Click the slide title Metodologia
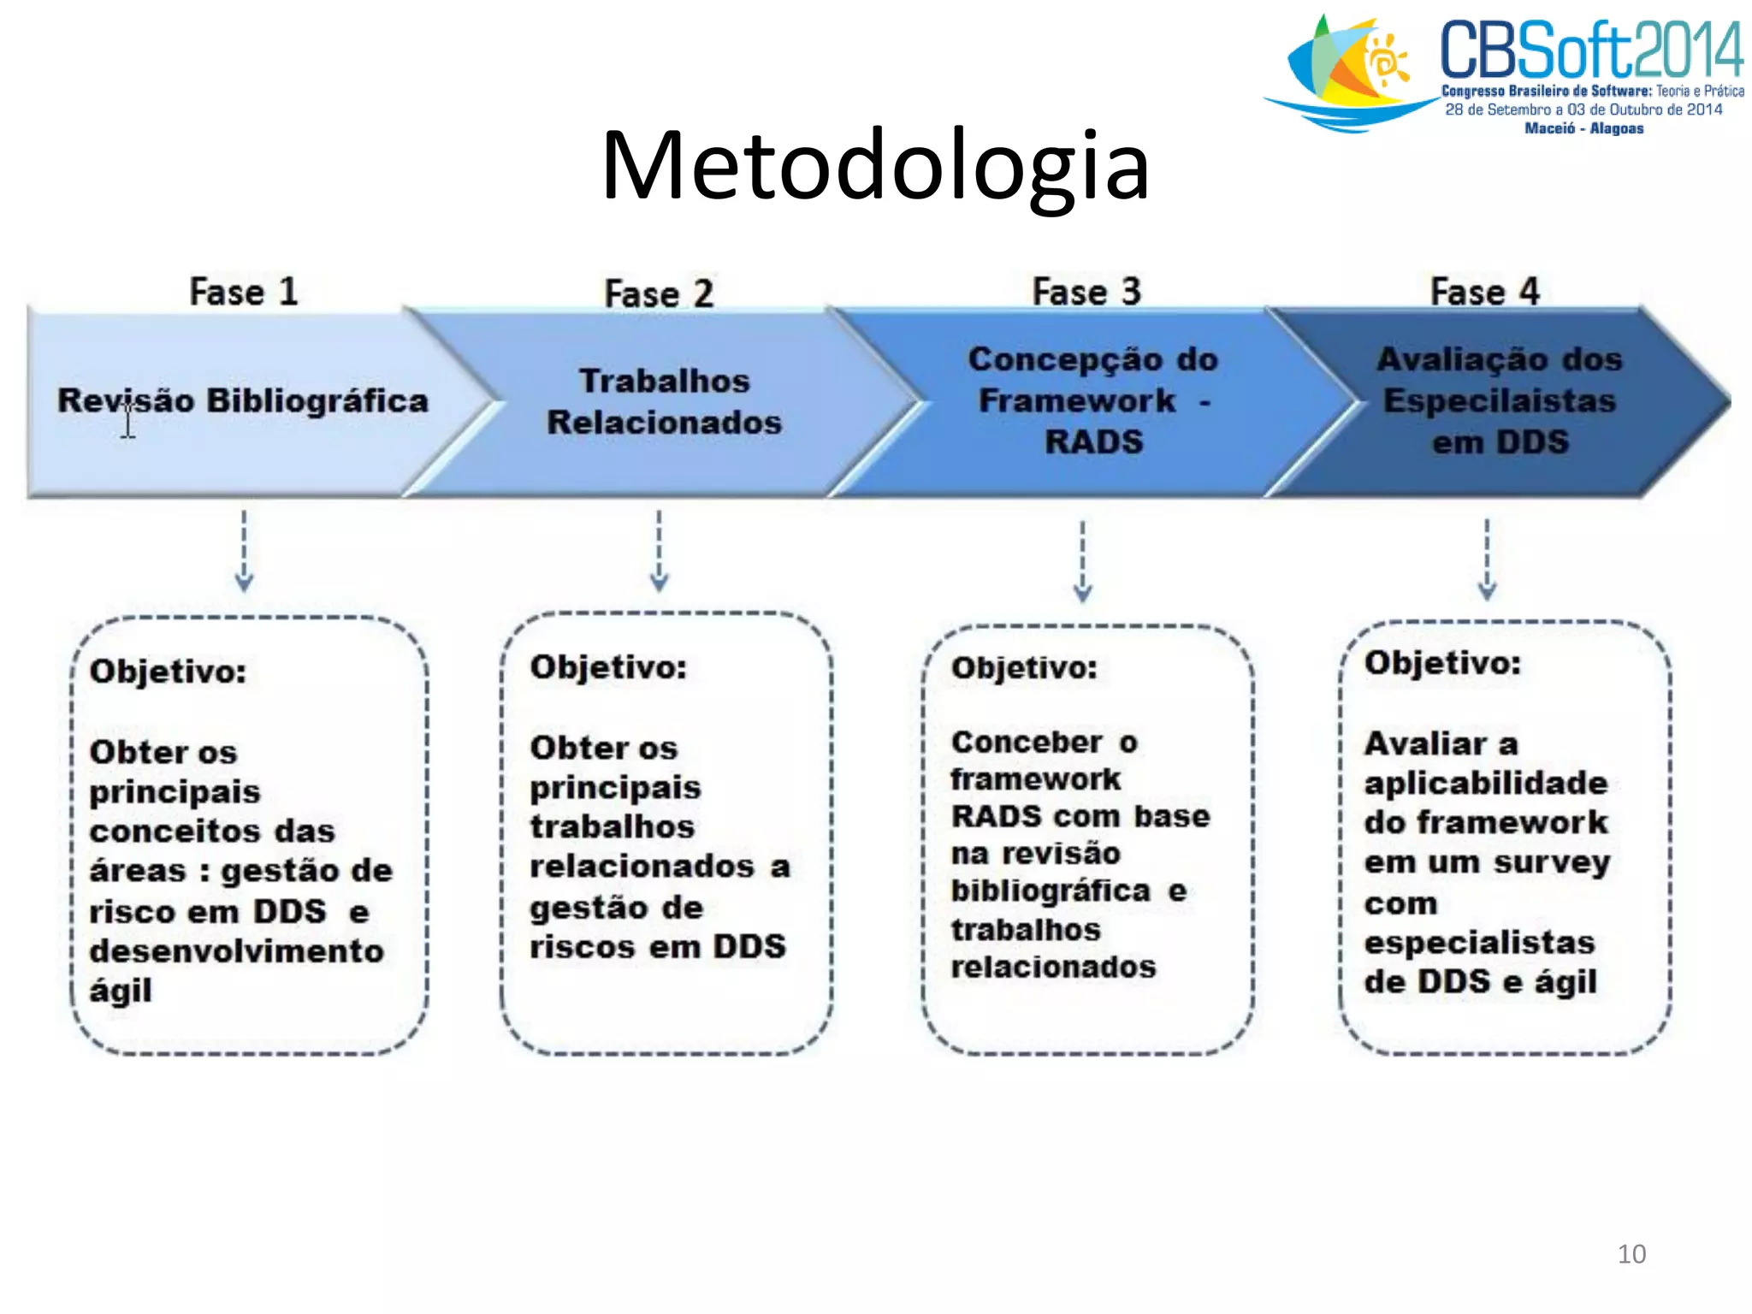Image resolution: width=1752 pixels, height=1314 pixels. pyautogui.click(x=875, y=165)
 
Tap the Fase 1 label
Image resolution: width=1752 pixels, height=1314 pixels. pyautogui.click(x=244, y=292)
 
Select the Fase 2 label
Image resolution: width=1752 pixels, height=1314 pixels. pyautogui.click(x=659, y=293)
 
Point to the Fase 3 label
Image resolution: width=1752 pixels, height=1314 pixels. pyautogui.click(x=1086, y=292)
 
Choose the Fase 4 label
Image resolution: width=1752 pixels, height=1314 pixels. pyautogui.click(x=1484, y=292)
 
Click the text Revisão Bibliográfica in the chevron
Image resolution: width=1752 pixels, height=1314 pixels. pyautogui.click(x=243, y=400)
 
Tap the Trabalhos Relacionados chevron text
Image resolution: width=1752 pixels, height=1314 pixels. pyautogui.click(x=665, y=401)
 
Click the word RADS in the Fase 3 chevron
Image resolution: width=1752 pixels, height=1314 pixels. pyautogui.click(x=1093, y=441)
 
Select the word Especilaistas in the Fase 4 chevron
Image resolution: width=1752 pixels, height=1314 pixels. pyautogui.click(x=1500, y=400)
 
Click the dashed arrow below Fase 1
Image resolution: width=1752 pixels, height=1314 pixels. pyautogui.click(x=244, y=552)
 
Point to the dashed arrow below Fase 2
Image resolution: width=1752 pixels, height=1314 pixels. pyautogui.click(x=659, y=552)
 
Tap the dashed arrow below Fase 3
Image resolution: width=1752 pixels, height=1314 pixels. pyautogui.click(x=1082, y=560)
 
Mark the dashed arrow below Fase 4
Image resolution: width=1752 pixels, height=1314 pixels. pyautogui.click(x=1487, y=559)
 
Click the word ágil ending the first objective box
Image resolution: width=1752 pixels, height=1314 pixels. pyautogui.click(x=121, y=991)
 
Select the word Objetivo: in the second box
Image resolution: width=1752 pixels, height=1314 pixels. pyautogui.click(x=608, y=667)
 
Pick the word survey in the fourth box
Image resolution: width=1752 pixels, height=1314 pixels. pyautogui.click(x=1552, y=862)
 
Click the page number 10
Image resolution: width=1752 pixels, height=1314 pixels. pyautogui.click(x=1631, y=1254)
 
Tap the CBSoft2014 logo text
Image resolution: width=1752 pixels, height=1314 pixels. pyautogui.click(x=1591, y=50)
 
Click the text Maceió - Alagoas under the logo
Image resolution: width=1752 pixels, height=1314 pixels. pyautogui.click(x=1583, y=128)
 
